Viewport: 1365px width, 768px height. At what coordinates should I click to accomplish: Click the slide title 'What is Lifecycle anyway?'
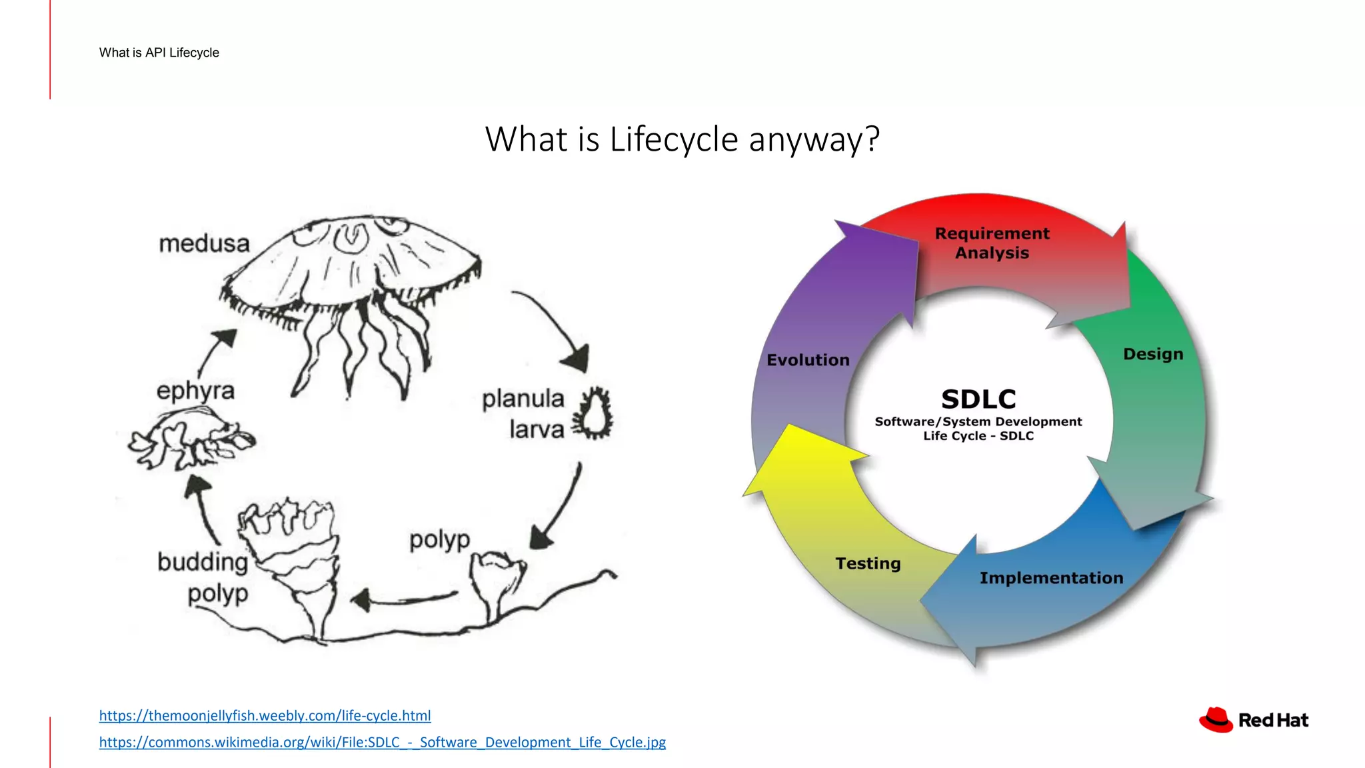click(682, 139)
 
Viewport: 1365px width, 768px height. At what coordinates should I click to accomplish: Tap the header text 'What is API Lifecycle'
click(159, 53)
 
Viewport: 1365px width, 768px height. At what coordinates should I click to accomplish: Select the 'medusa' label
click(204, 243)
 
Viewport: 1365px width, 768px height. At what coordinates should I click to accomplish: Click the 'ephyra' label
click(195, 391)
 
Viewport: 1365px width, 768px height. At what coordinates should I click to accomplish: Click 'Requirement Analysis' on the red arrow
click(992, 243)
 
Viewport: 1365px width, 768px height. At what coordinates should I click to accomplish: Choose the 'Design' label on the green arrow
click(1153, 354)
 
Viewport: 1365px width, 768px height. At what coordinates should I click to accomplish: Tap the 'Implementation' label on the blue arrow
click(1051, 578)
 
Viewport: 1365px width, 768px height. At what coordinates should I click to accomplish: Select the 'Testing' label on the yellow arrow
click(868, 563)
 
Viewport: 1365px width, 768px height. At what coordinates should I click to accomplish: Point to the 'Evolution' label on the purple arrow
click(808, 360)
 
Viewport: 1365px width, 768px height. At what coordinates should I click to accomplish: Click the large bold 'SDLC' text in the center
click(978, 399)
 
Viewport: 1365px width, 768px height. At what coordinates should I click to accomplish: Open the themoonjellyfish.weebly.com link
click(265, 715)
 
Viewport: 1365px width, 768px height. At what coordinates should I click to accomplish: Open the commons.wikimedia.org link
click(382, 742)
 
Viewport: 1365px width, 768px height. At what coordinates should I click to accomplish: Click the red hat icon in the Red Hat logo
click(1216, 720)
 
